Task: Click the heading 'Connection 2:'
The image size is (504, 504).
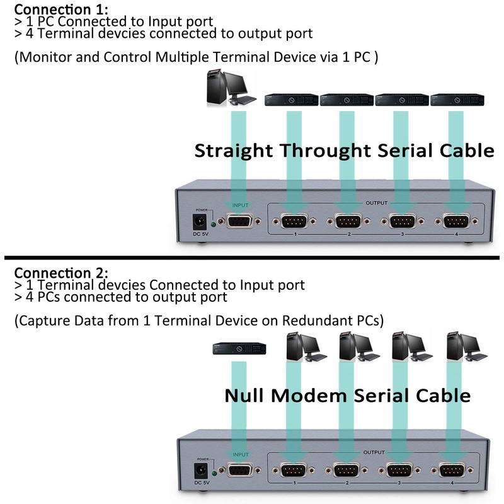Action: pyautogui.click(x=61, y=273)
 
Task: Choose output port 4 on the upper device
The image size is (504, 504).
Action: pyautogui.click(x=457, y=222)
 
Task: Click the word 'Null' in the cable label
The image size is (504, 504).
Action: pyautogui.click(x=245, y=396)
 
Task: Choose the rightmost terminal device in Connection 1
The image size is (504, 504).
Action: pyautogui.click(x=457, y=99)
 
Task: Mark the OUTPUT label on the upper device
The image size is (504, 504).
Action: pyautogui.click(x=377, y=203)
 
